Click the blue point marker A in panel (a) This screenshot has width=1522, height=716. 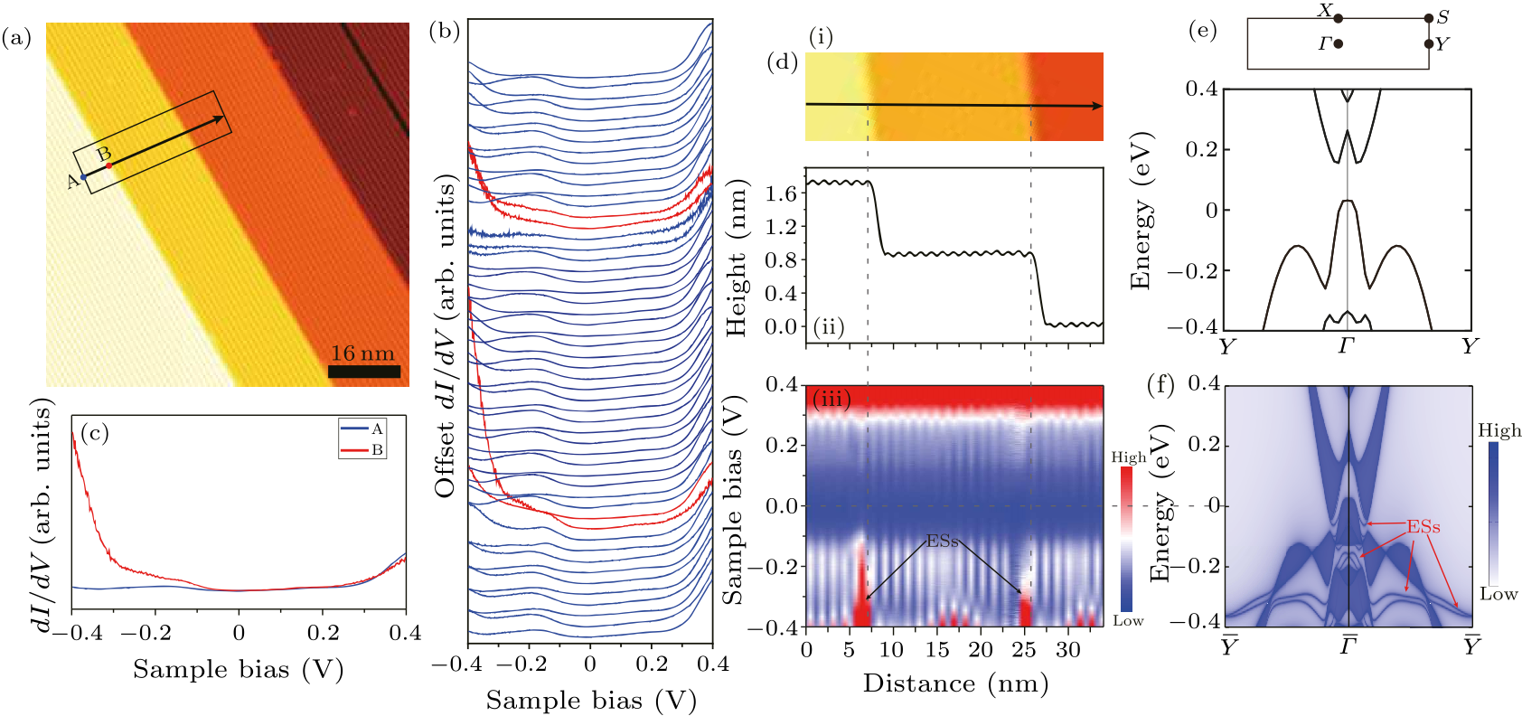(x=84, y=177)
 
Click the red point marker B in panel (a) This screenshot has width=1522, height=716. (x=109, y=165)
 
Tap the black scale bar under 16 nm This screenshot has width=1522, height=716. (x=363, y=371)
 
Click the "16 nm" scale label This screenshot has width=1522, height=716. (x=362, y=353)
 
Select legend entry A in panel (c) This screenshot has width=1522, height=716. (x=362, y=429)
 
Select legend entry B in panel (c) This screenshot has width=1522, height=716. (x=362, y=449)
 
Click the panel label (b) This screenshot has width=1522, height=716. (x=445, y=32)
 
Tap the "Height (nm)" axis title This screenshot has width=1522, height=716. (x=738, y=258)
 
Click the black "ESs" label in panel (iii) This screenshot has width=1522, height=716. (x=942, y=541)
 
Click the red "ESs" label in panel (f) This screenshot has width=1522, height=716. (x=1423, y=526)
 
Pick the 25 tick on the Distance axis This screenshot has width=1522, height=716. (x=1026, y=649)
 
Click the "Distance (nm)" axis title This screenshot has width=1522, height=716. (x=955, y=683)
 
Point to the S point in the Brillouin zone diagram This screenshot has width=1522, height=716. (x=1429, y=18)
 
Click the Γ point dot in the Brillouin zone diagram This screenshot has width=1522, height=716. (x=1338, y=43)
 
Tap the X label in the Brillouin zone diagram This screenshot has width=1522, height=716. (x=1325, y=11)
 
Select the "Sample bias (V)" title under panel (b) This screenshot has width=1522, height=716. (x=591, y=700)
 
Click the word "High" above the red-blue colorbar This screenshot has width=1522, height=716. (x=1128, y=457)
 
